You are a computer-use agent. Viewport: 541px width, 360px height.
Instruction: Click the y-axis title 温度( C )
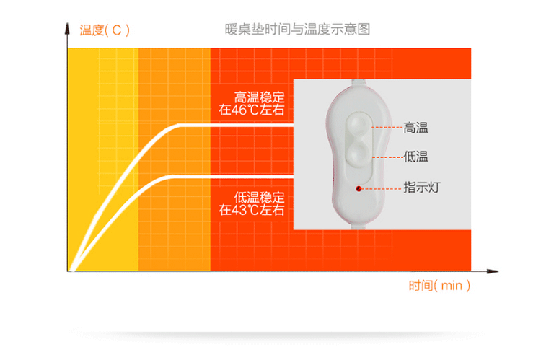105,30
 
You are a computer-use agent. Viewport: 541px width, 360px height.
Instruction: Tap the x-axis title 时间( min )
439,285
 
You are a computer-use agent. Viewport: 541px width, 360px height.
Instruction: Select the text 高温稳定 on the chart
260,97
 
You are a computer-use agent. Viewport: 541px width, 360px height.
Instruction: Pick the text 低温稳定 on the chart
260,196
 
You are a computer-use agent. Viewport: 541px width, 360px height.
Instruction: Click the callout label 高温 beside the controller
415,128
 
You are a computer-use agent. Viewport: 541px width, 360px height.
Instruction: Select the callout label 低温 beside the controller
415,155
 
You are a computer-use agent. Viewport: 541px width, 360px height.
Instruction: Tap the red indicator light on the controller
358,189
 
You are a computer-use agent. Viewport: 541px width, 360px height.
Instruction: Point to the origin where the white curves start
72,271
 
